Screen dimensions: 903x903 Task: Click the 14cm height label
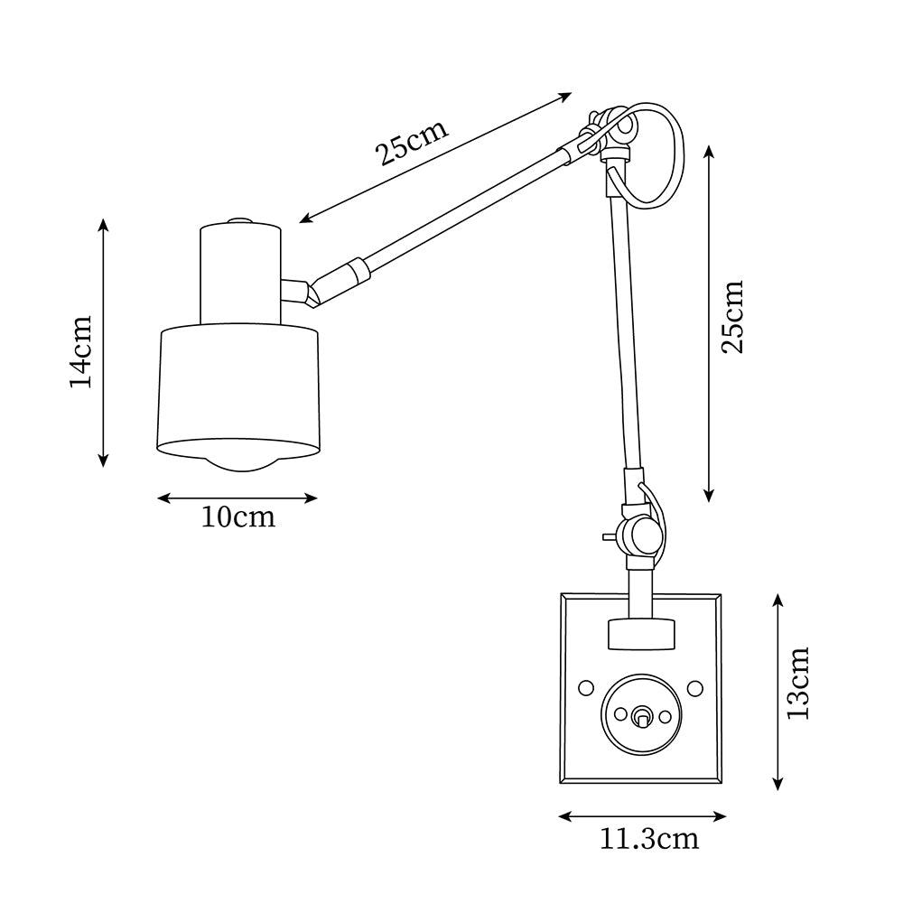(81, 350)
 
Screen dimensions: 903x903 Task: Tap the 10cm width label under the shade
(237, 518)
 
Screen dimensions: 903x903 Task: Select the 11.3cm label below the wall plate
(649, 839)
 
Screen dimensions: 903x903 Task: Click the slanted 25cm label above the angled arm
(412, 143)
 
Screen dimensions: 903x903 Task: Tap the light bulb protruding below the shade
(239, 460)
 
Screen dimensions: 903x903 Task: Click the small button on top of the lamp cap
(239, 220)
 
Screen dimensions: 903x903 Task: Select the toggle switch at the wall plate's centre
(641, 716)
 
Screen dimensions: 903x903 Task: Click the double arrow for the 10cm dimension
(237, 497)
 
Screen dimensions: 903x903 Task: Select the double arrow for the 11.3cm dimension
(642, 816)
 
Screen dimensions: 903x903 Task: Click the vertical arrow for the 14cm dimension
(104, 343)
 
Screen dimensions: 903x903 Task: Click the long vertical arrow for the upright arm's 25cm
(710, 323)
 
